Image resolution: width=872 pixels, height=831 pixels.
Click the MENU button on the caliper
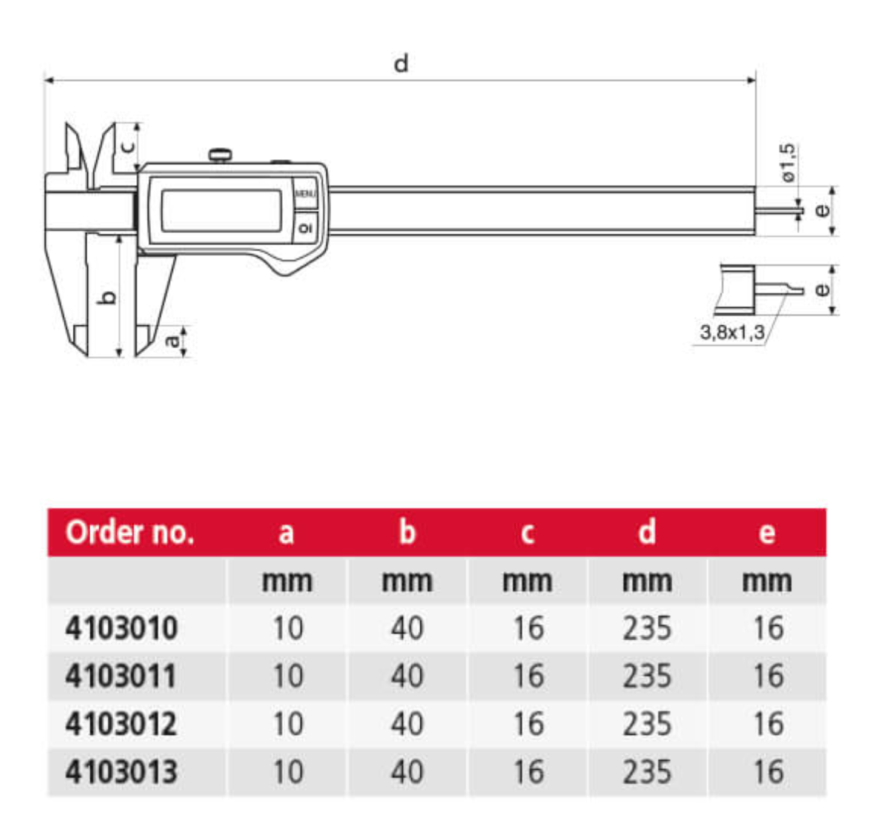(305, 193)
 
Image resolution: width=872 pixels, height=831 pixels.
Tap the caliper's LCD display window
(221, 210)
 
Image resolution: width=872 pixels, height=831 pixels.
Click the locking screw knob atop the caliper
(220, 156)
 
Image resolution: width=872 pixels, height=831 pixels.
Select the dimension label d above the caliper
(400, 64)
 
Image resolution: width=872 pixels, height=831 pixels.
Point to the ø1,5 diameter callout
(788, 162)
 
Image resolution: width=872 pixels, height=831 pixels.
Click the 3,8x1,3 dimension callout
(732, 333)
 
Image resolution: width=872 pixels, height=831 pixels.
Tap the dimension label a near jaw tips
(173, 340)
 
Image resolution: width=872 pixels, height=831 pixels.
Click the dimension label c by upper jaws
(128, 146)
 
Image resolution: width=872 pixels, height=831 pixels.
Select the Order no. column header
(130, 532)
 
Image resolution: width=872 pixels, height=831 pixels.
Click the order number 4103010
(121, 628)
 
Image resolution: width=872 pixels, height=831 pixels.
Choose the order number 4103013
(121, 772)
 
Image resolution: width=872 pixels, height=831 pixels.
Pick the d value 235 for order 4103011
(647, 676)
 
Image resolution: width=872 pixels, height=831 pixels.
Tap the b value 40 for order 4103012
(407, 724)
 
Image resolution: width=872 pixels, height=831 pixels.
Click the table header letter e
(767, 533)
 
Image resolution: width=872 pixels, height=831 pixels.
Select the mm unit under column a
(287, 581)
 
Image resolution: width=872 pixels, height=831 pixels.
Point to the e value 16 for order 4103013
(768, 772)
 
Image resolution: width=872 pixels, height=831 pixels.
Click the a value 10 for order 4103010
(288, 628)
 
